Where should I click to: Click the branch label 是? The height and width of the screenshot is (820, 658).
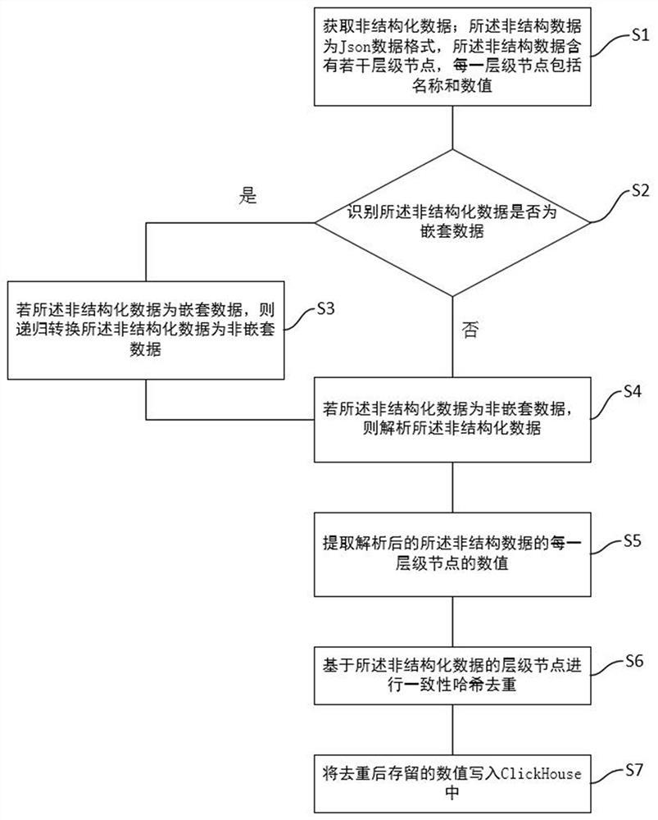247,196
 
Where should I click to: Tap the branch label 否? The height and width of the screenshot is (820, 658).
470,330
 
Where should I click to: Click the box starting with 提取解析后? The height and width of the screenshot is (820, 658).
453,554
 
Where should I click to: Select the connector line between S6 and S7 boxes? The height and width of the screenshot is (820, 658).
453,726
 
